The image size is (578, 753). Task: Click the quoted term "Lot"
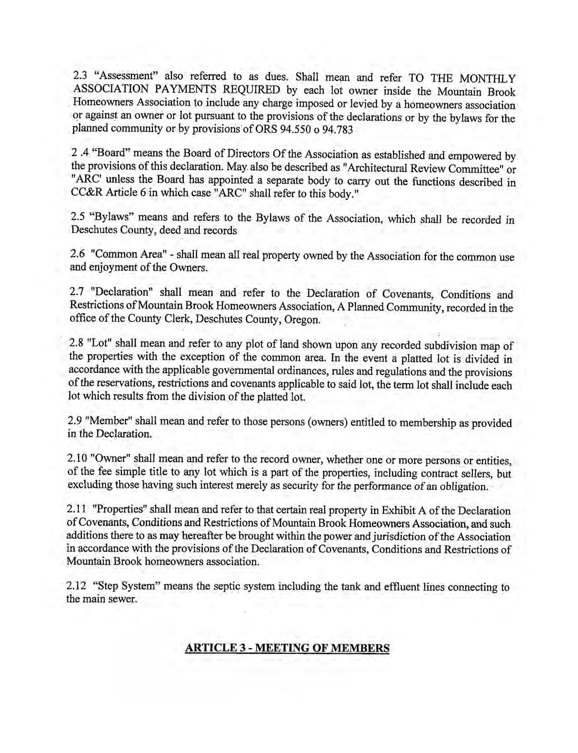tap(95, 342)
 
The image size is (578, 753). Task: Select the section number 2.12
tap(76, 585)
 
